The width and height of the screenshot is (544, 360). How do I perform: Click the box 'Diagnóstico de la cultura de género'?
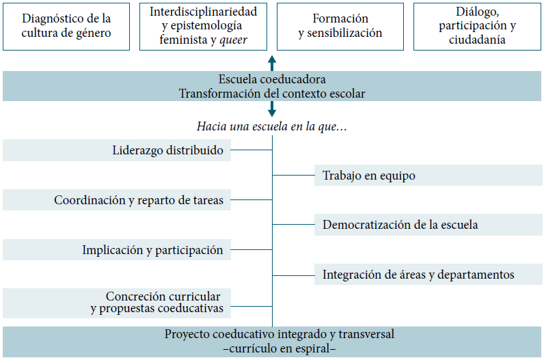tap(66, 26)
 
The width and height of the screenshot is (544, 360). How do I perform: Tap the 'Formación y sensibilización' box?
tap(340, 26)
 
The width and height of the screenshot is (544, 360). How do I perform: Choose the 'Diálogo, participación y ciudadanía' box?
tap(477, 26)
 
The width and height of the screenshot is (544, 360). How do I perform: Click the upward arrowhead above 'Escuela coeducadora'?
tap(272, 60)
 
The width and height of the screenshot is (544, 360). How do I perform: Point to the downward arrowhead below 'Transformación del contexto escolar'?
tap(272, 112)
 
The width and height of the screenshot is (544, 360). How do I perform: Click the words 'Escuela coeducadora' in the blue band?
tap(272, 79)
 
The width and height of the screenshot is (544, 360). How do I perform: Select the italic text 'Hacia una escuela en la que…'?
tap(272, 127)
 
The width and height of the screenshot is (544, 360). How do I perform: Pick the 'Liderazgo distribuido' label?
tap(167, 150)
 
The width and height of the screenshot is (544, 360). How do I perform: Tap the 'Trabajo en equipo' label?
tap(369, 176)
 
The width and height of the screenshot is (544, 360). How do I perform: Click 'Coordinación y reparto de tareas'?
tap(139, 200)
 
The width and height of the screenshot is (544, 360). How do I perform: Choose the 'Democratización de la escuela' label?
tap(400, 225)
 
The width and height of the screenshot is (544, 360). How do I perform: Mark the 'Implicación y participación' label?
tap(152, 250)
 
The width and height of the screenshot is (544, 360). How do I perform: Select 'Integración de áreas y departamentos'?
tap(418, 275)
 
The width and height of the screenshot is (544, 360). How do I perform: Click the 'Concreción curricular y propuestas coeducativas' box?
tap(157, 303)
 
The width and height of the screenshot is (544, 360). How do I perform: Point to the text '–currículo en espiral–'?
tap(272, 348)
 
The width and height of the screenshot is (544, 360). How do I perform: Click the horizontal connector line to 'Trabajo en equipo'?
tap(293, 176)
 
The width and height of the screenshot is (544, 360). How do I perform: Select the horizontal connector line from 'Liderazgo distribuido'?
tap(251, 150)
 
